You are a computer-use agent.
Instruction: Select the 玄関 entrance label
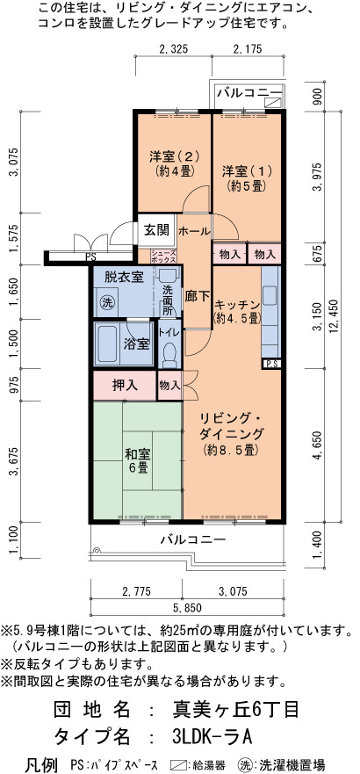pos(157,230)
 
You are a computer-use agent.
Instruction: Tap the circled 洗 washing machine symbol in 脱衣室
pos(106,302)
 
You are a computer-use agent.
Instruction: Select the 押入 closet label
pos(125,385)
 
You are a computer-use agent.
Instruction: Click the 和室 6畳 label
pos(138,460)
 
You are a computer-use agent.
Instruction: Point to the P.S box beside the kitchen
pos(271,365)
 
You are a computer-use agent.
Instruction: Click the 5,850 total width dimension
pos(185,607)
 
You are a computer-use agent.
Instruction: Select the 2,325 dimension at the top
pos(174,48)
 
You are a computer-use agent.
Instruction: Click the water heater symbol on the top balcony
pos(273,102)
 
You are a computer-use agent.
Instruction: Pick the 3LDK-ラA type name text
pos(212,737)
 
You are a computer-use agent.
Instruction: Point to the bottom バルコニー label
pos(193,539)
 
